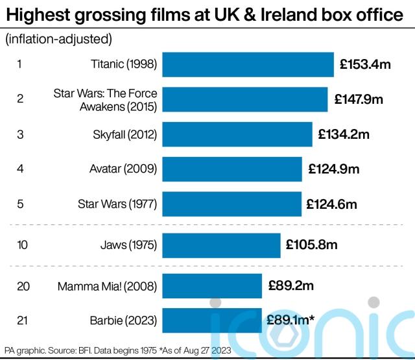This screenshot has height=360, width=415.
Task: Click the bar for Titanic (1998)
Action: point(248,64)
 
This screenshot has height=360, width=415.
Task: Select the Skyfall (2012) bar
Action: point(237,134)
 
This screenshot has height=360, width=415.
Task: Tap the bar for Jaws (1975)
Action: point(221,245)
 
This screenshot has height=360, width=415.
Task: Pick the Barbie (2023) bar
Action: point(212,320)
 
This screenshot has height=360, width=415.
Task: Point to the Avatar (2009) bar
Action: point(231,169)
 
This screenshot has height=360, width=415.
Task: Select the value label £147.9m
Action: point(359,99)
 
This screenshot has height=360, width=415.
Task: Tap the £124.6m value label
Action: point(331,204)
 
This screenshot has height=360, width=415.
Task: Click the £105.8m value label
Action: point(311,245)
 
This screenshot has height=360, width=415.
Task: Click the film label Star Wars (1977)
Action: point(117,204)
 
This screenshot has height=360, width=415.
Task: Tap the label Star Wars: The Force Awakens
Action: point(105,99)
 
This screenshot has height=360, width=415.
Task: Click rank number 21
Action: point(23,320)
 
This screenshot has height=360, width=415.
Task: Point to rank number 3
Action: point(20,134)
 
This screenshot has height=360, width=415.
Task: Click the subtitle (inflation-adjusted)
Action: point(58,39)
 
